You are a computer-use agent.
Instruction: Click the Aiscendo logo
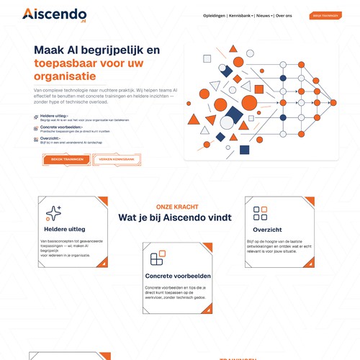(x=54, y=14)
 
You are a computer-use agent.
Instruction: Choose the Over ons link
(x=284, y=15)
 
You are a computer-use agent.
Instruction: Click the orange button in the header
(x=325, y=15)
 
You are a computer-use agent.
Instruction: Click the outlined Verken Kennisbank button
(x=117, y=159)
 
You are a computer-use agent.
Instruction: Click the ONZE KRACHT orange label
(x=178, y=207)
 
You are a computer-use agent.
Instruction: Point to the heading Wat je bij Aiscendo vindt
(x=178, y=217)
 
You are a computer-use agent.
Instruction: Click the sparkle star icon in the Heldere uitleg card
(x=54, y=213)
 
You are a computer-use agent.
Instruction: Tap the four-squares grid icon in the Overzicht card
(x=260, y=213)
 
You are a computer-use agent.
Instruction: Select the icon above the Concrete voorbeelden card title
(x=156, y=259)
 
